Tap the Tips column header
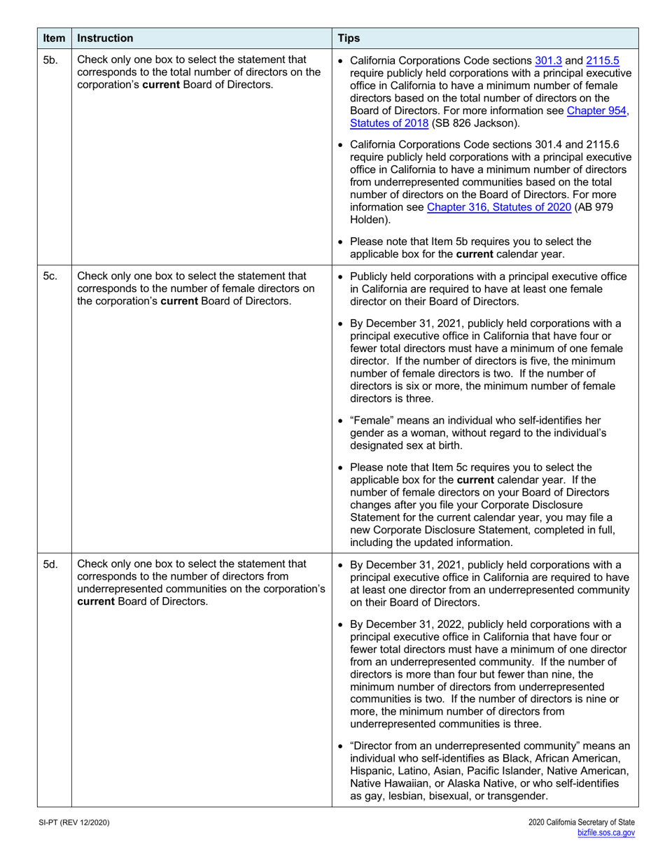point(349,38)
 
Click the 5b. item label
point(50,60)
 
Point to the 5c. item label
point(50,276)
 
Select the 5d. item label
point(50,564)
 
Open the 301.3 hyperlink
point(548,60)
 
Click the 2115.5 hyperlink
point(602,60)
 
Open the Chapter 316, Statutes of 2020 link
point(500,206)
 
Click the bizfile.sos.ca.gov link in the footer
point(605,832)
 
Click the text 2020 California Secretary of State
point(582,822)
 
